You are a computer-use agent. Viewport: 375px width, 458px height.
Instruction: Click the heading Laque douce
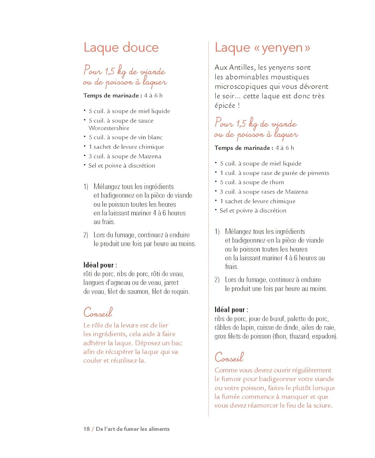click(x=121, y=48)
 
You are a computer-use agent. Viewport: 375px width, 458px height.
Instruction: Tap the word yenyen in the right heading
click(x=282, y=48)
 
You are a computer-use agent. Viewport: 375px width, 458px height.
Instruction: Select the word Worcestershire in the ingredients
click(x=109, y=128)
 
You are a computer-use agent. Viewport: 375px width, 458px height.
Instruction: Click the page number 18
click(x=86, y=429)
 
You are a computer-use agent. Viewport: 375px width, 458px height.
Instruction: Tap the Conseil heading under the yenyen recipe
click(x=229, y=357)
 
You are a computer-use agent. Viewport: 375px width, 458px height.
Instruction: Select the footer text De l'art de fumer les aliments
click(x=133, y=429)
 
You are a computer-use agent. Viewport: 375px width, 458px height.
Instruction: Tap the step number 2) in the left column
click(x=86, y=235)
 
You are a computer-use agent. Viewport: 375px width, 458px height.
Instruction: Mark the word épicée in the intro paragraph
click(x=225, y=106)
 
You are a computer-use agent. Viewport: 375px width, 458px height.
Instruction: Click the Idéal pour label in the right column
click(x=231, y=310)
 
